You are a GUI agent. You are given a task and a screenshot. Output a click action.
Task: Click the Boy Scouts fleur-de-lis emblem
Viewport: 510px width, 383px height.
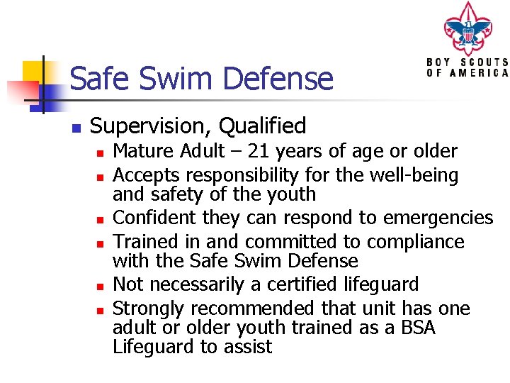(x=467, y=29)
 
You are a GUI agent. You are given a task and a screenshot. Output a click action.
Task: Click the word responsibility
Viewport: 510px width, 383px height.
(x=242, y=174)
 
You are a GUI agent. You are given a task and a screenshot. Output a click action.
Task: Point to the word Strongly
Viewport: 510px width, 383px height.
(x=149, y=309)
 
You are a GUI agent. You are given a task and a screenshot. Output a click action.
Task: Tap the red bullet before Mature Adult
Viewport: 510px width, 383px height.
(x=101, y=152)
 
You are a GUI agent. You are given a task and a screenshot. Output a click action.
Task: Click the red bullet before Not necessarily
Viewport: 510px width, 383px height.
(x=101, y=286)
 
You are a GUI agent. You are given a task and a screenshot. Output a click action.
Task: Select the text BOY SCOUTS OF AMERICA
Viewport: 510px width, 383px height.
(x=467, y=67)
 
